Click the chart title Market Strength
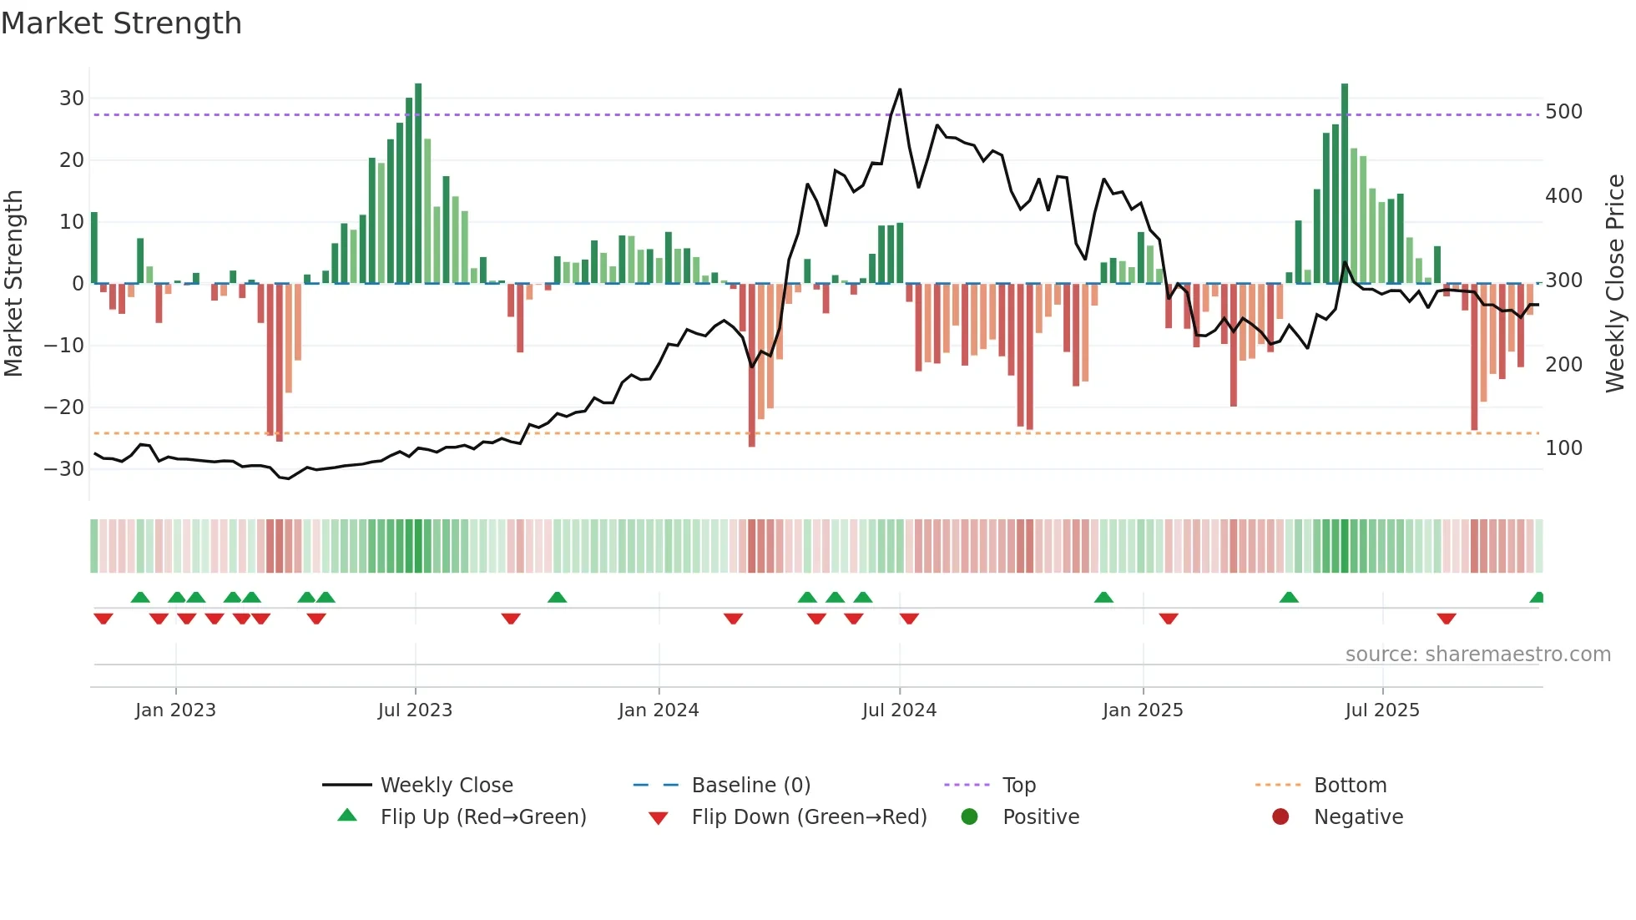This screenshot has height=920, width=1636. click(x=121, y=23)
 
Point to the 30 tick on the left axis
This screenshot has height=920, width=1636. click(x=72, y=99)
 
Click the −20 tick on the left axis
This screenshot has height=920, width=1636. click(x=64, y=407)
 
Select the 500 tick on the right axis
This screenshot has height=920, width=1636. click(x=1563, y=112)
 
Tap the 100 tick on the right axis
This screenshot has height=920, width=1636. click(x=1563, y=448)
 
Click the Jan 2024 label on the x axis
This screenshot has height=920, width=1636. click(x=659, y=710)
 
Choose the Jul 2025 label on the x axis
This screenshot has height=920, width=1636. click(x=1382, y=710)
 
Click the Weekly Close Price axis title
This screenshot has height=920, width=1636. click(x=1615, y=284)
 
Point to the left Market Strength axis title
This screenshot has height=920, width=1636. click(x=13, y=284)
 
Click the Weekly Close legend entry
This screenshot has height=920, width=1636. click(x=447, y=786)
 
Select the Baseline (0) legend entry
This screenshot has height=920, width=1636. click(x=750, y=786)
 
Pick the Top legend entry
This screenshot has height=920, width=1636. click(x=1018, y=786)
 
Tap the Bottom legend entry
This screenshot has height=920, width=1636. click(x=1350, y=786)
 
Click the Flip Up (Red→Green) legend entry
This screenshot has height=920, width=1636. click(x=483, y=817)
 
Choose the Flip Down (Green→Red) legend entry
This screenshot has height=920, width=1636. click(x=809, y=817)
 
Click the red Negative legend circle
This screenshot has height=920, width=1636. click(x=1280, y=816)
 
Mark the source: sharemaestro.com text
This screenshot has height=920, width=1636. click(x=1477, y=655)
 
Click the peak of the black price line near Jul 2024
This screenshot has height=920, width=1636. click(x=900, y=89)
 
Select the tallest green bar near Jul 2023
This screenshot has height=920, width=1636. click(x=418, y=184)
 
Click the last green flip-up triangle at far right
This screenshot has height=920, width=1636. click(x=1538, y=598)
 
